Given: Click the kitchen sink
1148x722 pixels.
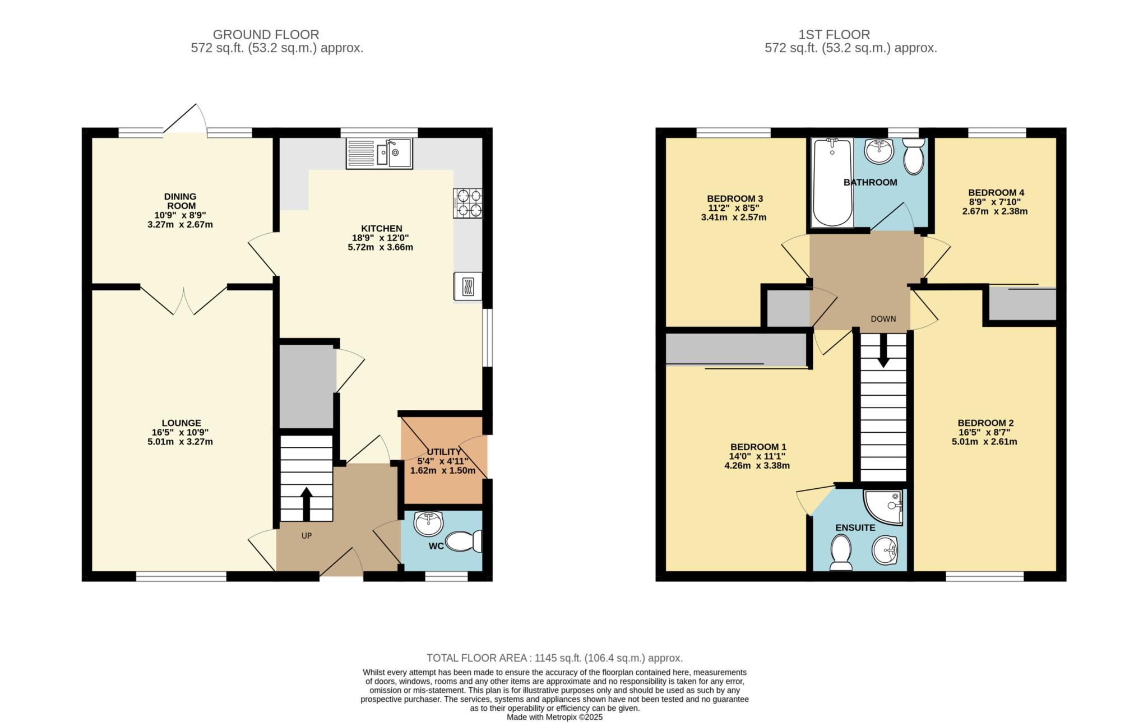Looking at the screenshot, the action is click(379, 153).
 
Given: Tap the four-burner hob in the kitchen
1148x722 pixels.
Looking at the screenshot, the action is click(467, 203).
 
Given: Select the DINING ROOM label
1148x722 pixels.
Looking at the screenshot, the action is click(180, 201).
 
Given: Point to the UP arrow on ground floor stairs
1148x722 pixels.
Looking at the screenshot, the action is click(306, 504).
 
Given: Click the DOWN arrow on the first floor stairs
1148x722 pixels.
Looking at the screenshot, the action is click(883, 351).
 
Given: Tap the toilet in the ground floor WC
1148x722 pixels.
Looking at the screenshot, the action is click(464, 541).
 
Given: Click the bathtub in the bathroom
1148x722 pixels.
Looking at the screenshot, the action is click(832, 182).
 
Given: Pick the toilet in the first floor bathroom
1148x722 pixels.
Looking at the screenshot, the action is click(914, 156).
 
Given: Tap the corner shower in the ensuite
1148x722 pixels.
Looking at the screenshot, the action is click(884, 507).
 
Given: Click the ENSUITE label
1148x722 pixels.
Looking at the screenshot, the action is click(855, 528).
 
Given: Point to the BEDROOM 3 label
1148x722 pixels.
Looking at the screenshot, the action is click(735, 198).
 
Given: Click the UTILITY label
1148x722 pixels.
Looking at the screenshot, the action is click(444, 452).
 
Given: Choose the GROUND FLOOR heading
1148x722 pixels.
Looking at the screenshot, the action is click(266, 35).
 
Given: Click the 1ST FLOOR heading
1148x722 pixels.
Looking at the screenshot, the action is click(834, 35).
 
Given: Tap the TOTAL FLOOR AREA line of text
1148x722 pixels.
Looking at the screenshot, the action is click(554, 658).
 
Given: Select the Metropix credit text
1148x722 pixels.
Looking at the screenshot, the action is click(554, 717).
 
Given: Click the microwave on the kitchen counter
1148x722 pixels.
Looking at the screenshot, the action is click(467, 286).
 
